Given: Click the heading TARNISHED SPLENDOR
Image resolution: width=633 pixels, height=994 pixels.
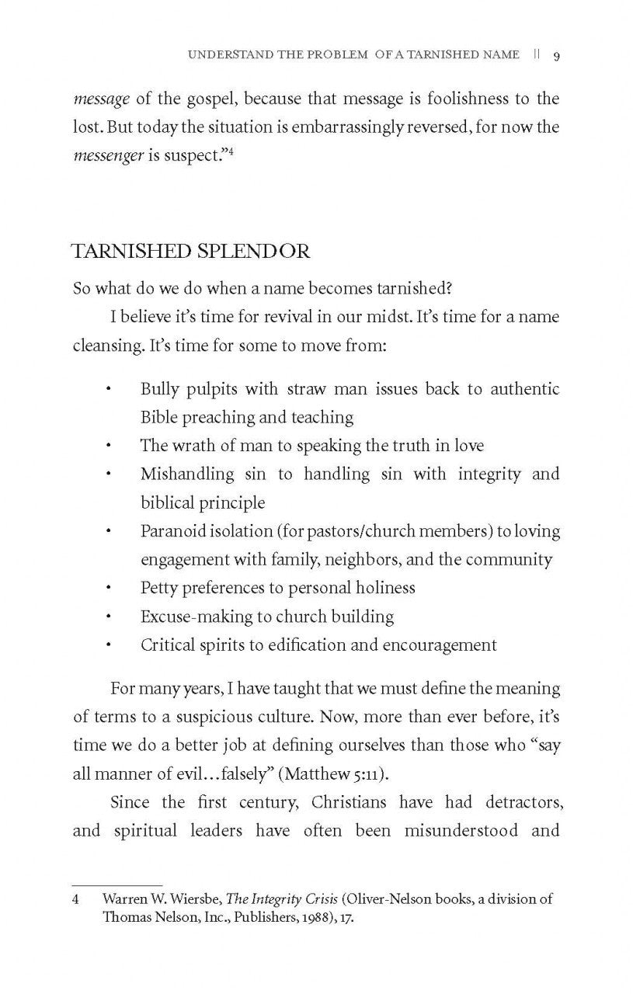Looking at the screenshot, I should pyautogui.click(x=190, y=252).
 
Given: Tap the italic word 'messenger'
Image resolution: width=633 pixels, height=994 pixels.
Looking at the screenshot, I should pyautogui.click(x=107, y=155).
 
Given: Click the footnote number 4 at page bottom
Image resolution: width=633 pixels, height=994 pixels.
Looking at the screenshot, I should pyautogui.click(x=76, y=899).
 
